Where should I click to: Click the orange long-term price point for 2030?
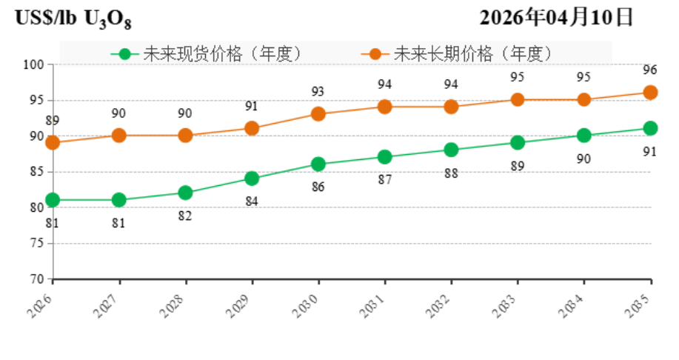pos(318,114)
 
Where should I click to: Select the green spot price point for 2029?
pos(252,179)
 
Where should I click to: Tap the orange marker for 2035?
pos(651,93)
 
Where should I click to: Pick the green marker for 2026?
pos(53,200)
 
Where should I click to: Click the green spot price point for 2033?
pos(518,143)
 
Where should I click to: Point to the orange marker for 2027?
pos(119,136)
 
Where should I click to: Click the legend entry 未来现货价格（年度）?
pos(207,53)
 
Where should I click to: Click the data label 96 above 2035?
pos(650,70)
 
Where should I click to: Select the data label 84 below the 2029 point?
pos(252,201)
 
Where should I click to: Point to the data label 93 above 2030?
pos(318,92)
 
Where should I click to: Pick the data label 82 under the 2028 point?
pos(185,216)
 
